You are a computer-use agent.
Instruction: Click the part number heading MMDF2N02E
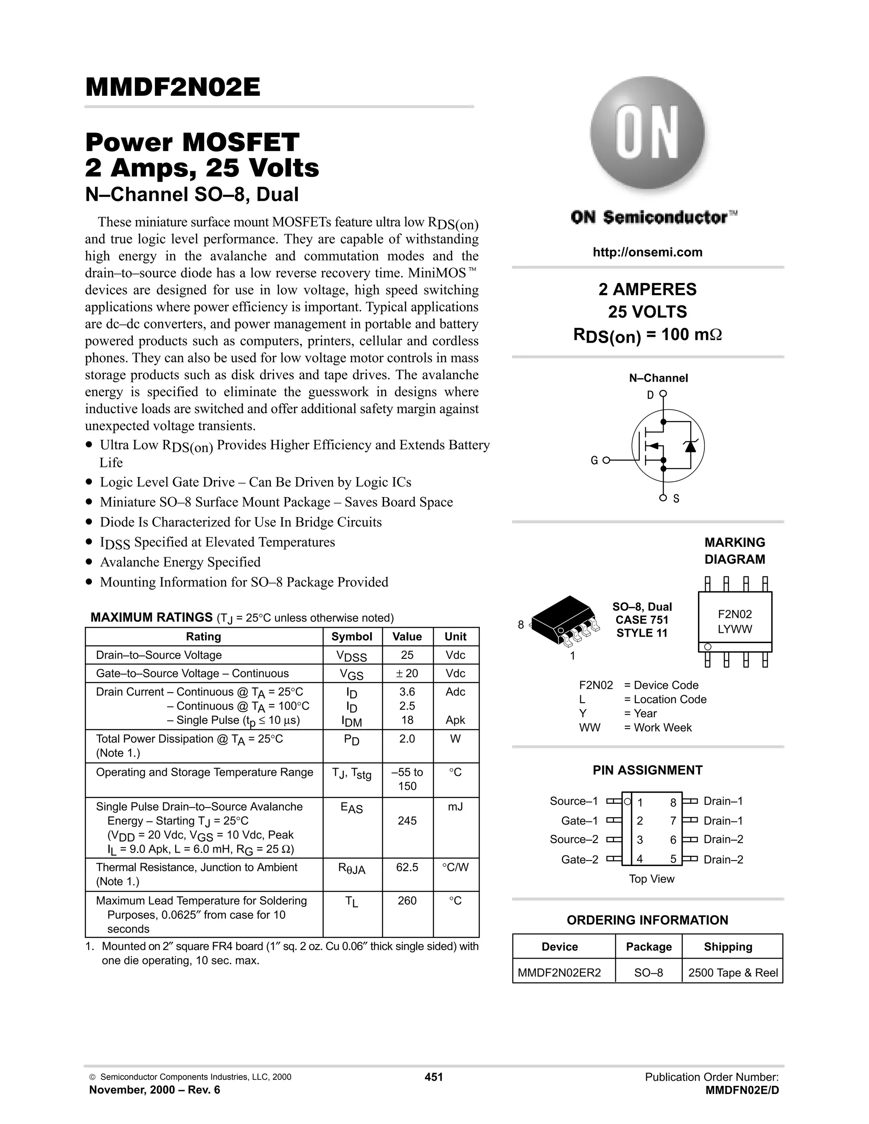click(x=173, y=87)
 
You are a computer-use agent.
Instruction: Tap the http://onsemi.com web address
click(x=647, y=252)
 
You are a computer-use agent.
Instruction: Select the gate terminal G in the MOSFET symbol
click(x=594, y=460)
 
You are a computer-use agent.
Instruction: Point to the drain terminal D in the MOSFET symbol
click(x=650, y=395)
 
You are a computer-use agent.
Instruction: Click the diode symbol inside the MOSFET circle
click(x=690, y=446)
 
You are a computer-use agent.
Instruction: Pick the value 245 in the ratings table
click(x=406, y=821)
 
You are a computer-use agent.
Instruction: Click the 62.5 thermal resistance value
click(x=406, y=867)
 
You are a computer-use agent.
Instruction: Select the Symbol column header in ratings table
click(x=352, y=637)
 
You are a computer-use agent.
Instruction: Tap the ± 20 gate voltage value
click(x=406, y=673)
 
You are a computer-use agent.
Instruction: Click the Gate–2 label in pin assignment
click(x=580, y=859)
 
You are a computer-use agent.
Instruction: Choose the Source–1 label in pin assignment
click(x=574, y=801)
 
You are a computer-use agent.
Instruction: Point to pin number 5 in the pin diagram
click(x=673, y=859)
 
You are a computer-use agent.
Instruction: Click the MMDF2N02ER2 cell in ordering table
click(x=559, y=973)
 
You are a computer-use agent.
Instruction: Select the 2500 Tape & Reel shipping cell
click(x=732, y=973)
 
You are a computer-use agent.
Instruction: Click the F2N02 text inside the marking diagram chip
click(x=734, y=614)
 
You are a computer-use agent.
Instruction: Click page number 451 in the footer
click(x=434, y=1076)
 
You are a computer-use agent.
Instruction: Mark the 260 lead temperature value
click(x=406, y=900)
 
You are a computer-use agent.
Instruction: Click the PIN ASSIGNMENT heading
click(x=647, y=770)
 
